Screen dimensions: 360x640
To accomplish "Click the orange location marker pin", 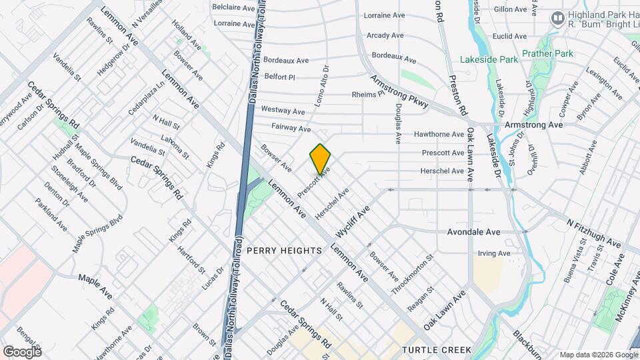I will [321, 159].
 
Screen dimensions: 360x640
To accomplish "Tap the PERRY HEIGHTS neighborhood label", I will [284, 251].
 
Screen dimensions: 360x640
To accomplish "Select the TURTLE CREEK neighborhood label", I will [437, 349].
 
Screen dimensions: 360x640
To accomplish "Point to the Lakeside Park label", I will [489, 59].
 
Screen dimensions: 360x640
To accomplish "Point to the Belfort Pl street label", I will [279, 77].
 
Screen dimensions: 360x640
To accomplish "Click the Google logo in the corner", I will [21, 351].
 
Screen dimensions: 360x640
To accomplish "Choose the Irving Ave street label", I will [494, 253].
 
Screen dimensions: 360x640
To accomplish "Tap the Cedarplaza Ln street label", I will [147, 99].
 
